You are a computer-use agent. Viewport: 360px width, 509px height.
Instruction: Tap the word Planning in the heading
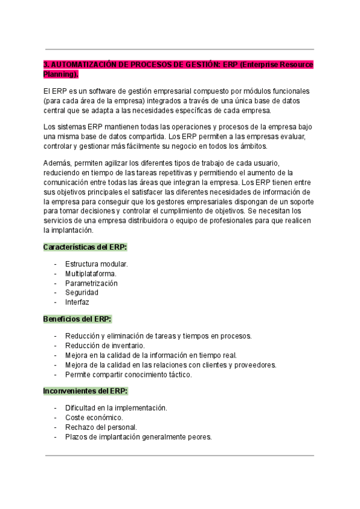pos(59,74)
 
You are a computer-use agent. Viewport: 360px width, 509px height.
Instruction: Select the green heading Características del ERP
pos(85,247)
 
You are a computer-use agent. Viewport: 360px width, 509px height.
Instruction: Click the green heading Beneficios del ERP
pos(77,319)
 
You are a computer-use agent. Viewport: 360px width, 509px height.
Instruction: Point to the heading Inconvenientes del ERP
pos(85,391)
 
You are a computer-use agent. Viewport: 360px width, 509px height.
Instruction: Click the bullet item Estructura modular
pos(97,264)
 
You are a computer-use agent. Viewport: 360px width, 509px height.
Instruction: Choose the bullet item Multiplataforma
pos(91,274)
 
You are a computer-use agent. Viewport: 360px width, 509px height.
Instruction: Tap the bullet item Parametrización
pos(91,283)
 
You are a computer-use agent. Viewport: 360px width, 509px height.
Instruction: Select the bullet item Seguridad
pos(82,293)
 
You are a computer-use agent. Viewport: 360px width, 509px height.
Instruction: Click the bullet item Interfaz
pos(77,303)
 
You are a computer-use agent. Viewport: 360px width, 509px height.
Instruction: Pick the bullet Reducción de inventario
pos(105,346)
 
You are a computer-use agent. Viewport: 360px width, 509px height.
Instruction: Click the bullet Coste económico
pos(94,418)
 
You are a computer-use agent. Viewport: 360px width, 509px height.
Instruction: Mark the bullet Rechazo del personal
pos(101,427)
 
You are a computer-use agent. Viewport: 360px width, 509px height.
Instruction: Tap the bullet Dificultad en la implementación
pos(116,408)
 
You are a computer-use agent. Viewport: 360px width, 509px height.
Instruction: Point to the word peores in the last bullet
pos(200,437)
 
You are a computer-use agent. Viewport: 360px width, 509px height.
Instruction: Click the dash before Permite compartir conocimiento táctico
pos(56,375)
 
